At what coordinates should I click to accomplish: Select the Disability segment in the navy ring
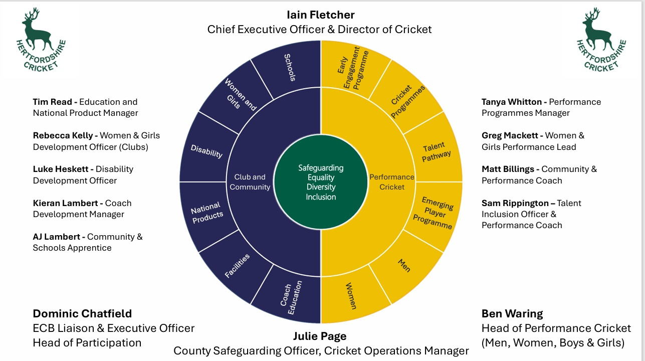point(207,151)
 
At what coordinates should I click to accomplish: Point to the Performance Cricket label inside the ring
point(392,182)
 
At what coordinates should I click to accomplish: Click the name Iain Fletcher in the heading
point(320,15)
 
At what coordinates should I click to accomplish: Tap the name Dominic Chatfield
point(82,314)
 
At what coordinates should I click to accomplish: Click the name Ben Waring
point(512,314)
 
